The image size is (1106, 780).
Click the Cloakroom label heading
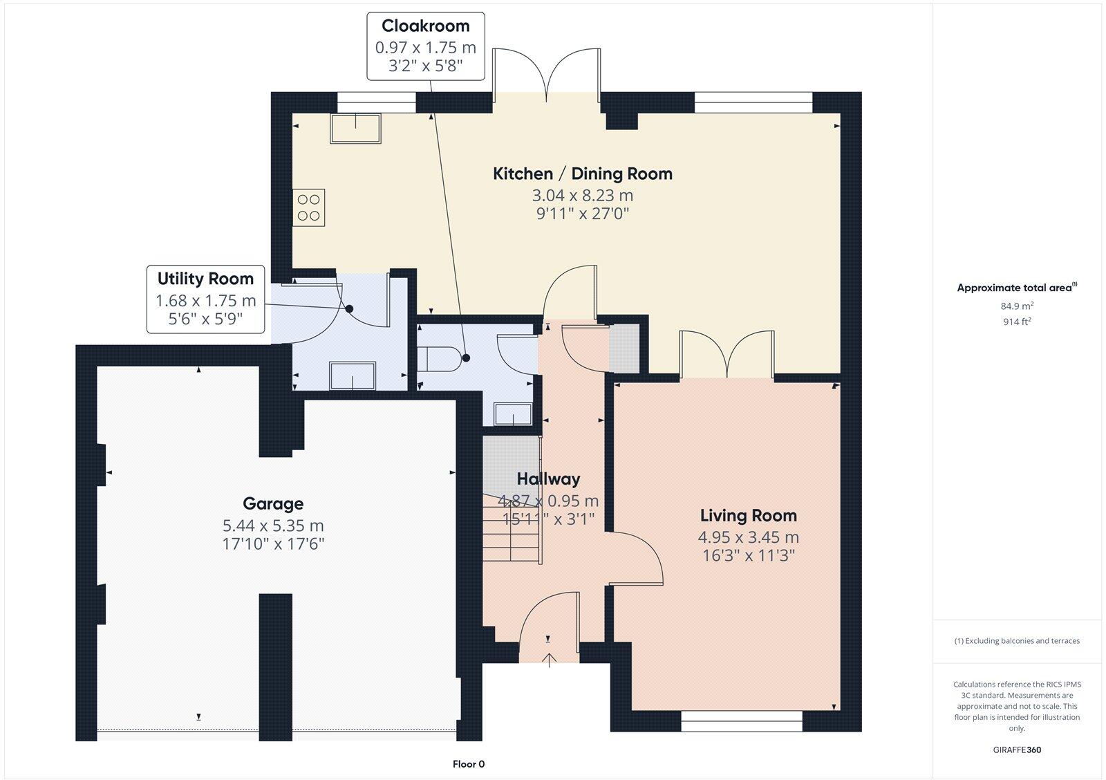click(426, 26)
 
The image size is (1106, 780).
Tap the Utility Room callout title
click(205, 279)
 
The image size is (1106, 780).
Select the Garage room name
click(273, 503)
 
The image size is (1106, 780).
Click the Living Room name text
click(749, 516)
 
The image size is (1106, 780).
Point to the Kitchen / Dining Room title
click(583, 174)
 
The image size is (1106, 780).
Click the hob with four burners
click(308, 207)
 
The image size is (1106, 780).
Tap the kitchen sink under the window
click(355, 129)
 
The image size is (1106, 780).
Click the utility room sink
click(353, 376)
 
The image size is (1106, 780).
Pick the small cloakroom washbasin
click(513, 414)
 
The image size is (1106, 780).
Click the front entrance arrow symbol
click(549, 660)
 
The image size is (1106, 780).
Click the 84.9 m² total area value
click(1017, 306)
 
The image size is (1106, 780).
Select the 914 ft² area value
click(1017, 322)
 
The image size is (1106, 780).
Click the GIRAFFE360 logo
click(1017, 750)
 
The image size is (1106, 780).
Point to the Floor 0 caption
click(469, 764)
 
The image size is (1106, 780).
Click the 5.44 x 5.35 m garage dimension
click(273, 525)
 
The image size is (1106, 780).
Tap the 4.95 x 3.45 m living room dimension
click(749, 537)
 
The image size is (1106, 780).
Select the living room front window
click(742, 721)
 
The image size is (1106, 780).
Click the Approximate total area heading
click(1017, 288)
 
